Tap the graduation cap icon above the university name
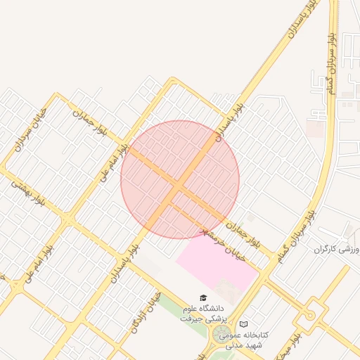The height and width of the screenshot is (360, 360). (202, 299)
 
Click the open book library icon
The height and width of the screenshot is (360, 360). (244, 324)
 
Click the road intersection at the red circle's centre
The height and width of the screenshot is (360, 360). (180, 180)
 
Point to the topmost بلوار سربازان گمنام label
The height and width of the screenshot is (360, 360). (328, 63)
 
